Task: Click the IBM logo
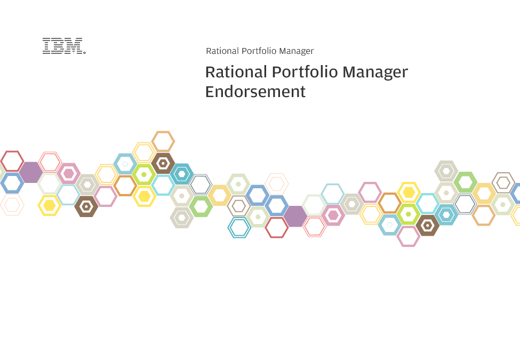point(62,46)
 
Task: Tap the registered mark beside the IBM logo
point(85,52)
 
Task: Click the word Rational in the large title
point(236,72)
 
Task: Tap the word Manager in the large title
point(375,73)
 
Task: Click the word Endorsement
point(255,92)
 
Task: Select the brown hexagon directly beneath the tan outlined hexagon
point(163,163)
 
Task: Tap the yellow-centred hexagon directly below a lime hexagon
point(144,196)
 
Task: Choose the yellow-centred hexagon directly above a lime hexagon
point(409,192)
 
